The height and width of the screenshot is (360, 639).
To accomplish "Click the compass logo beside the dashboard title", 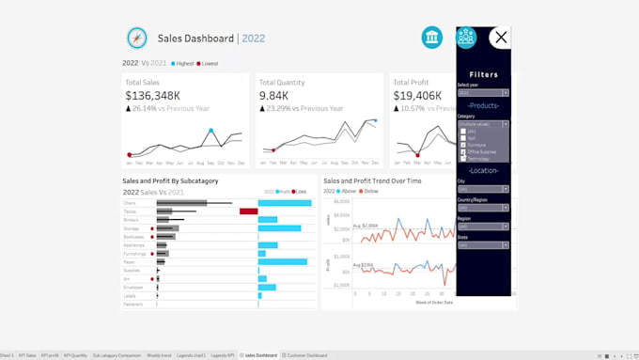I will (x=137, y=38).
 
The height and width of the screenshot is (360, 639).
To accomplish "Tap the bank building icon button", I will (x=433, y=38).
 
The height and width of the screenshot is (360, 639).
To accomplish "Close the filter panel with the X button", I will (x=501, y=38).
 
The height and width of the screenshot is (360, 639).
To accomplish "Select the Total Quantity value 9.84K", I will (x=274, y=95).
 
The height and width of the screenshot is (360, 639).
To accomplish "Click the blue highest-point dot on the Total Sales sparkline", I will (x=210, y=131).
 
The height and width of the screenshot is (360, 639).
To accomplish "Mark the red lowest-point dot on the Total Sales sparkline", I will (x=130, y=155).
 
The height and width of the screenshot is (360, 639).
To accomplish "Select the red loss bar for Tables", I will (x=248, y=211).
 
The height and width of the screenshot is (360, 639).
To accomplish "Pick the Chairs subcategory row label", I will (x=130, y=203).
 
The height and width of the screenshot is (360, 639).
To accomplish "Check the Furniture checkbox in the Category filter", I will (x=463, y=145).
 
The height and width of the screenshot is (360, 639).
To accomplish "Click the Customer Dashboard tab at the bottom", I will (x=306, y=355).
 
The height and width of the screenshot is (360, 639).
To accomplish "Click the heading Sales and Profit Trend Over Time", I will (x=372, y=180).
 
